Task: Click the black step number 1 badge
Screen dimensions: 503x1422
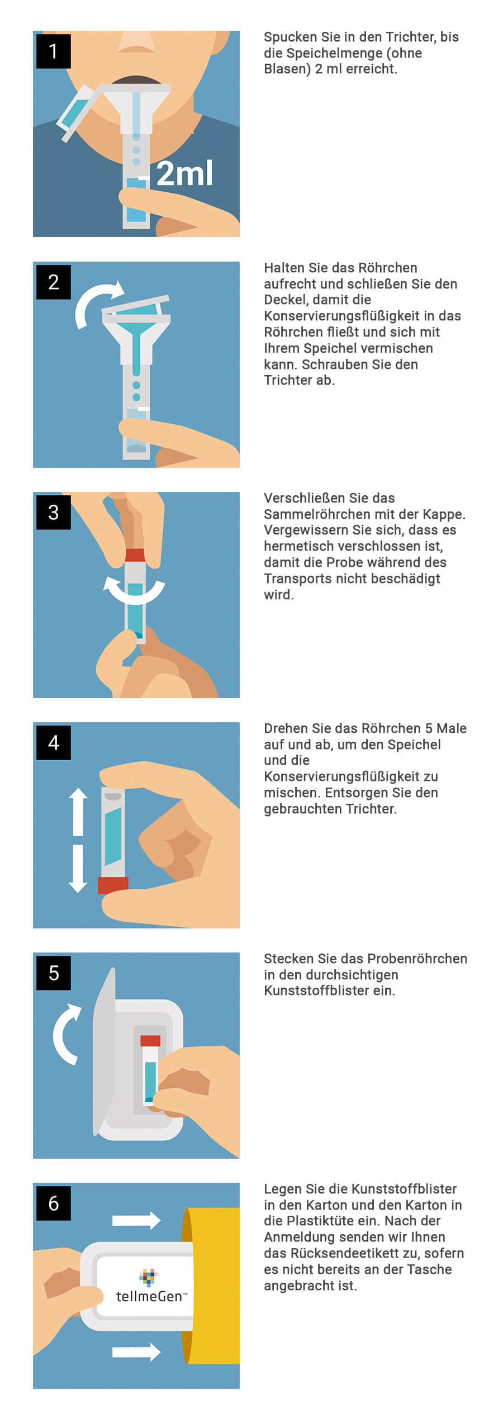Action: tap(54, 51)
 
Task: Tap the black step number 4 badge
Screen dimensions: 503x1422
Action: tap(54, 742)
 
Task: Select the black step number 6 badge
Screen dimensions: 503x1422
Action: tap(54, 1203)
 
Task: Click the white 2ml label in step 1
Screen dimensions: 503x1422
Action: tap(184, 173)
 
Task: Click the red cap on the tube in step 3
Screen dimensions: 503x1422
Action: tap(135, 555)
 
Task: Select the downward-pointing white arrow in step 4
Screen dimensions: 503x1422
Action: tap(78, 868)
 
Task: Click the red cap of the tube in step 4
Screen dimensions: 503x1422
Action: tap(113, 885)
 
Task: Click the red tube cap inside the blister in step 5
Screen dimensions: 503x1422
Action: tap(150, 1041)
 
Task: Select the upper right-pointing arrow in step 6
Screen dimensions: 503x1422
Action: tap(136, 1220)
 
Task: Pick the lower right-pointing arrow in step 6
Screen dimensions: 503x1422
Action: tap(136, 1352)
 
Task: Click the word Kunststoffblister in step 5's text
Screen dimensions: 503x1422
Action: tap(329, 990)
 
